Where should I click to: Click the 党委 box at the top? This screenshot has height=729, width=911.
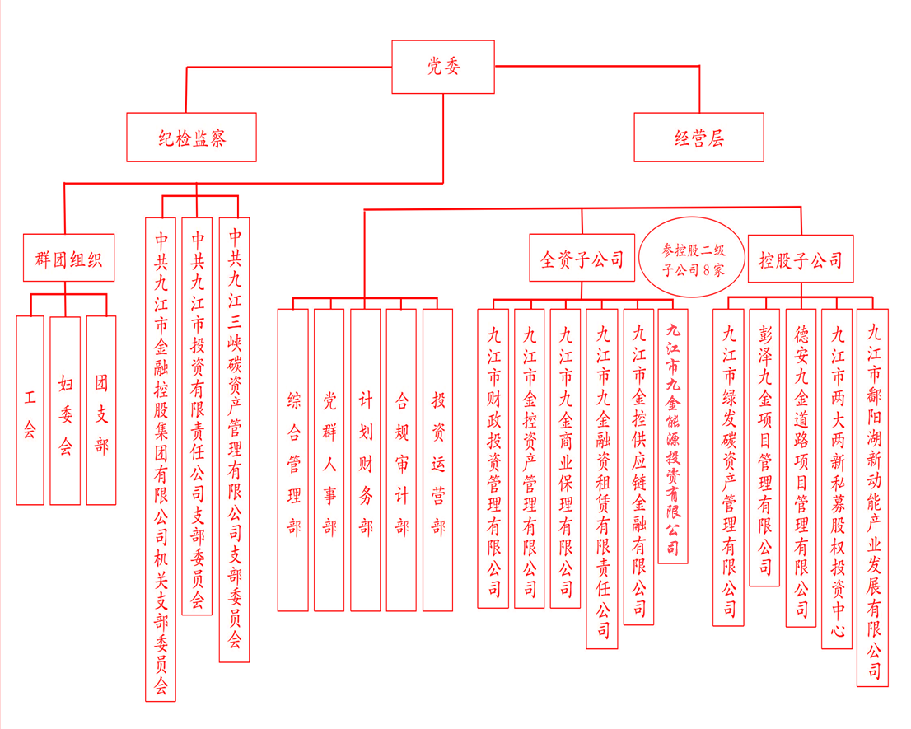click(443, 67)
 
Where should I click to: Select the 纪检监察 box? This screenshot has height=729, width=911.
click(192, 137)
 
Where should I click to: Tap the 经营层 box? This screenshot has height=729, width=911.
click(699, 137)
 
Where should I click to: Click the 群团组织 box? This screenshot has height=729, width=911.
click(68, 258)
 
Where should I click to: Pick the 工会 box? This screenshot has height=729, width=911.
click(30, 410)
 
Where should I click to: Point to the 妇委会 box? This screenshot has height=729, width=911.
click(65, 410)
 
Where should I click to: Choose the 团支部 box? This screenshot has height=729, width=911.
click(101, 410)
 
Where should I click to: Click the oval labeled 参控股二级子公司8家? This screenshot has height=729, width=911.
click(692, 257)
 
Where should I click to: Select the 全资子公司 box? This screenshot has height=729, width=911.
click(582, 259)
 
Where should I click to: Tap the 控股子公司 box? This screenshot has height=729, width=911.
click(801, 259)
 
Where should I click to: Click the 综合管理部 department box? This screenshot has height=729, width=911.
click(293, 460)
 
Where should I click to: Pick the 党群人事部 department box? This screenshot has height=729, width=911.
click(329, 460)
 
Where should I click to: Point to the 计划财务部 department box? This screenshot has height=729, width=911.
click(366, 460)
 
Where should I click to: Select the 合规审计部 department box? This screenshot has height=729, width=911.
click(401, 460)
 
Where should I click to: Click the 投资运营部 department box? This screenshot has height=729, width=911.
click(437, 460)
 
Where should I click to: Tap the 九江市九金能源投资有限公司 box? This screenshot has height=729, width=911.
click(673, 437)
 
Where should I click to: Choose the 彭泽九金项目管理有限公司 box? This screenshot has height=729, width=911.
click(764, 447)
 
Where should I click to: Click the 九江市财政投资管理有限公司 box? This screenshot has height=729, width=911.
click(493, 458)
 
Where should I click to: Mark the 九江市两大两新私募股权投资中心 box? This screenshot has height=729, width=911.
click(837, 479)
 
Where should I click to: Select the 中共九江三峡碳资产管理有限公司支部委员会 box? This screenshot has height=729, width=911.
click(234, 440)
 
